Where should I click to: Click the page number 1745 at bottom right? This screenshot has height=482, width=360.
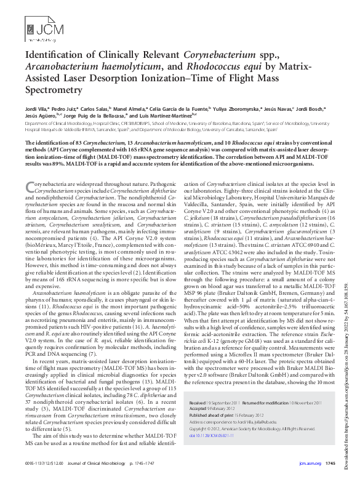(x=329, y=463)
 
